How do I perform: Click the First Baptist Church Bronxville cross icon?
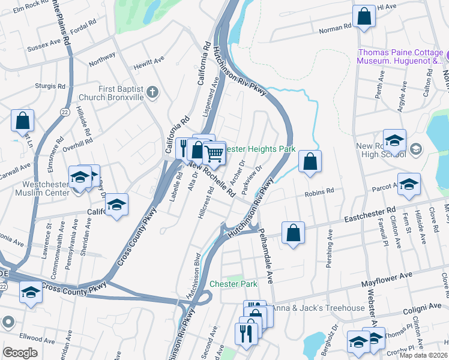coord(152,92)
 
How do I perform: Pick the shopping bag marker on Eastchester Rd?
coord(293,233)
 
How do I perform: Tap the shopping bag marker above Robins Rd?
coord(310,161)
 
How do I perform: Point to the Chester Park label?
coord(233,284)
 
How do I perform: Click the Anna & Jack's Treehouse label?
coord(318,308)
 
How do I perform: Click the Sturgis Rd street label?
coord(49,86)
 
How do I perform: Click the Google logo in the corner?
coord(20,353)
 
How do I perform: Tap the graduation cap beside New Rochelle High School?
coord(394,140)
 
